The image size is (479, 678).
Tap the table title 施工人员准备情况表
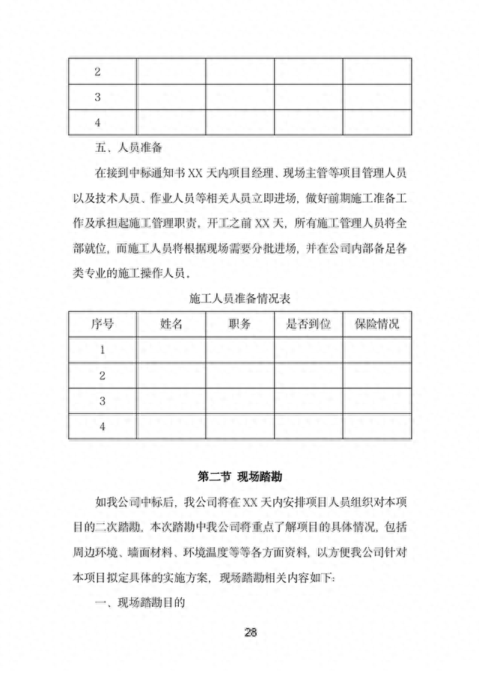pos(240,297)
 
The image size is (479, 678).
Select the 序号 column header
pos(103,324)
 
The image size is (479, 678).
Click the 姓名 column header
pos(171,324)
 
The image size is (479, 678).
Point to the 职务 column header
pos(239,324)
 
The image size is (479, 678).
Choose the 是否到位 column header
pos(308,324)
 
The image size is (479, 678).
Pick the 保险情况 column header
pos(376,324)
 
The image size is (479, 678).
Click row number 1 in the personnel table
pos(103,349)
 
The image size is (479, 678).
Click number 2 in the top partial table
pos(98,73)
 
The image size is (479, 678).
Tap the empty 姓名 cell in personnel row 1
pos(171,349)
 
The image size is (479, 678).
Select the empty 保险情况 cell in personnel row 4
pos(376,427)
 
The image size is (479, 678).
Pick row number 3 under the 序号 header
pos(103,401)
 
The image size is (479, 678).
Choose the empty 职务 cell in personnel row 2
pos(239,375)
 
